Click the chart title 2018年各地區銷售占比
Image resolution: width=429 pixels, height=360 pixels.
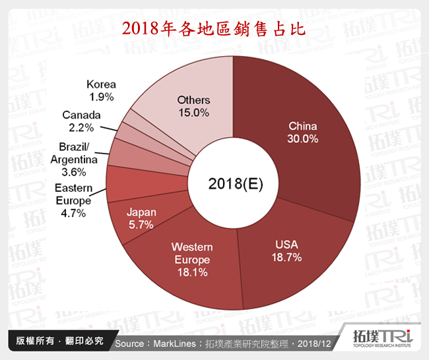click(214, 29)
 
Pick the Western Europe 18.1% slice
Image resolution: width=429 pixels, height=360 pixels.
click(192, 258)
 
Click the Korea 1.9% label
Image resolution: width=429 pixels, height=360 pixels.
click(101, 90)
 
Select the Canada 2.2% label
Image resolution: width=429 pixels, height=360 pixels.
click(81, 121)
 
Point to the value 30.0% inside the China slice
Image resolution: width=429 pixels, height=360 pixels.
click(303, 139)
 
